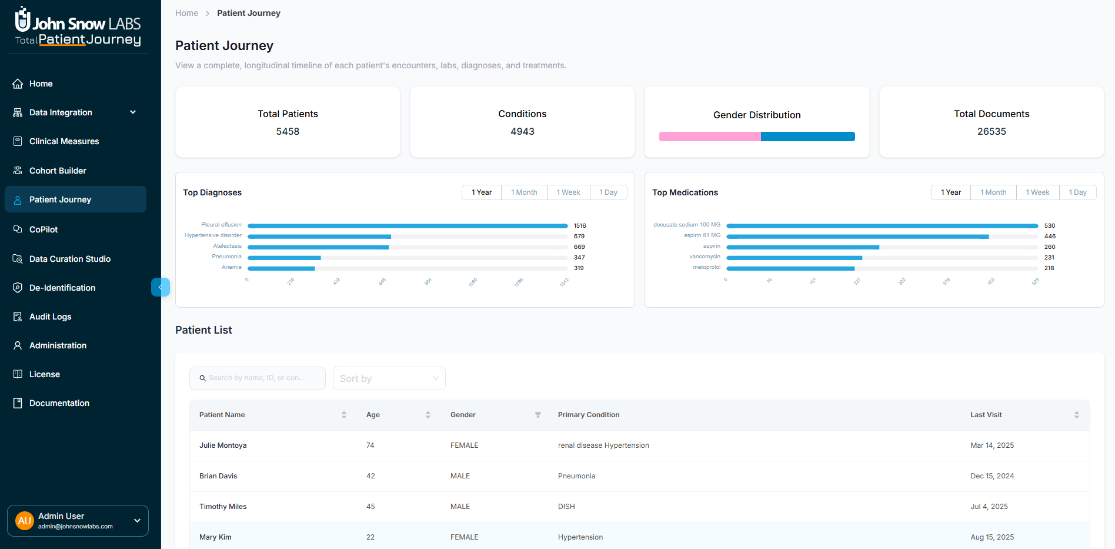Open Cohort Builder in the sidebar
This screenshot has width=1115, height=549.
click(58, 171)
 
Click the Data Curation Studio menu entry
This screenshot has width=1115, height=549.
click(69, 259)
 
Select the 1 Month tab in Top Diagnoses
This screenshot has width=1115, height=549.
click(523, 192)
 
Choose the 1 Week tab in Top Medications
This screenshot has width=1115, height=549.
click(1037, 192)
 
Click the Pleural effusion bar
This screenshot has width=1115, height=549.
click(407, 226)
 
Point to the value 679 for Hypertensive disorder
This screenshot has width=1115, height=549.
click(579, 237)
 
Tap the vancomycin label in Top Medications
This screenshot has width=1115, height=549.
click(705, 257)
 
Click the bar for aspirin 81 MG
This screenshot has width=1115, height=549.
click(857, 237)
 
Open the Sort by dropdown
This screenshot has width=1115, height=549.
click(389, 378)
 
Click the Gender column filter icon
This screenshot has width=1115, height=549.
click(538, 415)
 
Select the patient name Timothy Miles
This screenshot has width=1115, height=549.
click(223, 507)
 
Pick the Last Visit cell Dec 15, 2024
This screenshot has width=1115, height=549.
click(992, 476)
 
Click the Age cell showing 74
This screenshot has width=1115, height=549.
click(370, 445)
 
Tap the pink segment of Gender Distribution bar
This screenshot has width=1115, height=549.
click(709, 137)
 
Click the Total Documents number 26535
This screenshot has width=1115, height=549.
click(991, 132)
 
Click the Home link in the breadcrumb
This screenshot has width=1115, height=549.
click(186, 13)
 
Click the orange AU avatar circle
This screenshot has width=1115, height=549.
click(25, 521)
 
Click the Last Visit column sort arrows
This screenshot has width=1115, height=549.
click(1076, 415)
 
